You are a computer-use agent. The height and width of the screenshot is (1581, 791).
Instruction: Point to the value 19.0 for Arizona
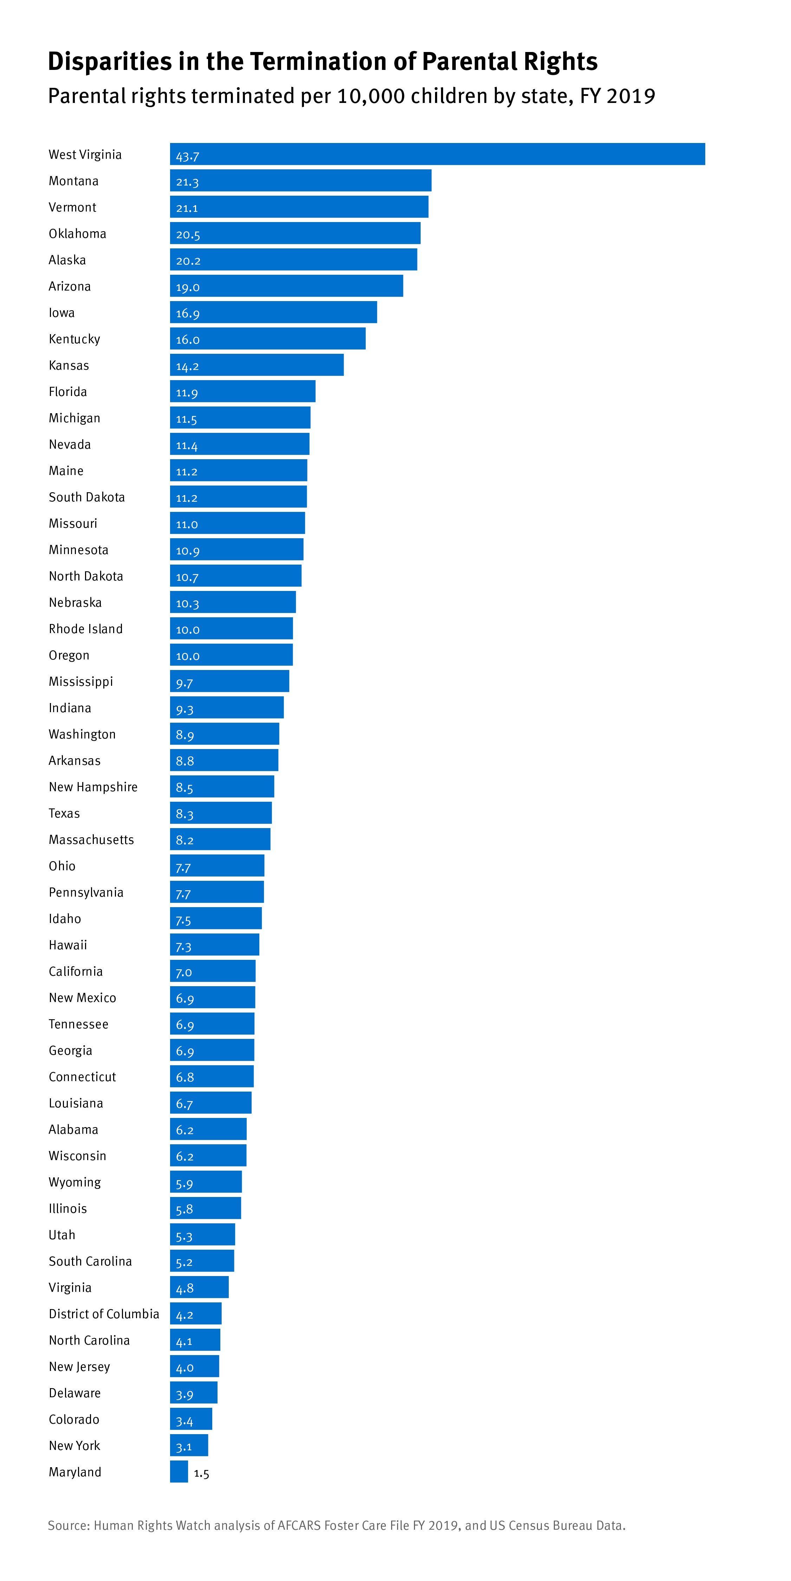click(x=188, y=287)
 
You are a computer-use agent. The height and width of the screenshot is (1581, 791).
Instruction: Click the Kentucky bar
click(x=267, y=339)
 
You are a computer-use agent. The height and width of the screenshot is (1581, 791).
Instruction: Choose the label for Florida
click(x=67, y=392)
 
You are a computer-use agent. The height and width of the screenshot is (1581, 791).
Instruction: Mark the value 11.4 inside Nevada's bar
click(x=187, y=445)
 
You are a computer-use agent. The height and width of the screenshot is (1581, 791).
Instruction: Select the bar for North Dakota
click(x=236, y=576)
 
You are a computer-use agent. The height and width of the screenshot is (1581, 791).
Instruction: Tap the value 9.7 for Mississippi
click(x=184, y=683)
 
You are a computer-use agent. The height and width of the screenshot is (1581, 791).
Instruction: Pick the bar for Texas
click(x=221, y=813)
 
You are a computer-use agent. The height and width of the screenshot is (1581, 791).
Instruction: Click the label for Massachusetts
click(x=91, y=840)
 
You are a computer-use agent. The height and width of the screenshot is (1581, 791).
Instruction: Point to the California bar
click(x=212, y=971)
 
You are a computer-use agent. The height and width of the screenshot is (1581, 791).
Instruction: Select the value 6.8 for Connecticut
click(x=185, y=1077)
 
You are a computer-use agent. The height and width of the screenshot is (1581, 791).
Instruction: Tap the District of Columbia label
click(x=104, y=1314)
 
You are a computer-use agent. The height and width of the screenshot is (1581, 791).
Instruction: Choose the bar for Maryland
click(x=179, y=1472)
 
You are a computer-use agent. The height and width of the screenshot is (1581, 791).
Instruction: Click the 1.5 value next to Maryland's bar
click(x=201, y=1473)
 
